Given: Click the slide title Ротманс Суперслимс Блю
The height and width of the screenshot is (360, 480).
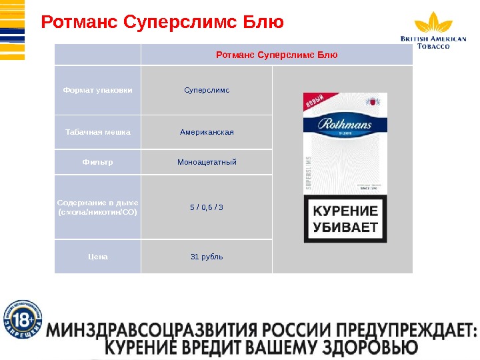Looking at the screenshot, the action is coord(163,23).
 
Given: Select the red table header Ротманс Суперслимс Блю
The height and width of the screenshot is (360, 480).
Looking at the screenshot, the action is coord(277,54).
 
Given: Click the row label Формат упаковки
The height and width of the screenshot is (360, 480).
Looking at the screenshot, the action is coord(97,90).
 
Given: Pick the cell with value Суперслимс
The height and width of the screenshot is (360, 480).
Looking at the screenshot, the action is coord(207,90).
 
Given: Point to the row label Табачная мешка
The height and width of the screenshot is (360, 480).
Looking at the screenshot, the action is coord(97,132).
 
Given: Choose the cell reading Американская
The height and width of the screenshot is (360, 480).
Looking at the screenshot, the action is coord(207,132).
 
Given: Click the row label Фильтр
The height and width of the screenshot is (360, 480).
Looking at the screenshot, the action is coord(97,162).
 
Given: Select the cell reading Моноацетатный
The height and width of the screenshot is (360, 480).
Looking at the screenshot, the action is coord(207,162).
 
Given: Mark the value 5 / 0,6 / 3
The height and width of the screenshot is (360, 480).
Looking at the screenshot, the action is coord(207,207).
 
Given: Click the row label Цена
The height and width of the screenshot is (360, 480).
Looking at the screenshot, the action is coord(97,257).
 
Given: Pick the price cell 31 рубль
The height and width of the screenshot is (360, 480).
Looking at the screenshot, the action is coord(207,257).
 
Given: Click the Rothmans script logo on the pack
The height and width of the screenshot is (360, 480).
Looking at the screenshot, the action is coord(345,124).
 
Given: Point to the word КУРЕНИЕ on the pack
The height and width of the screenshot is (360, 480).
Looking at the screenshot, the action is coord(345,212).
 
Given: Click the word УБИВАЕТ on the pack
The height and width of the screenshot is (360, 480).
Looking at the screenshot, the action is coord(345,228).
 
